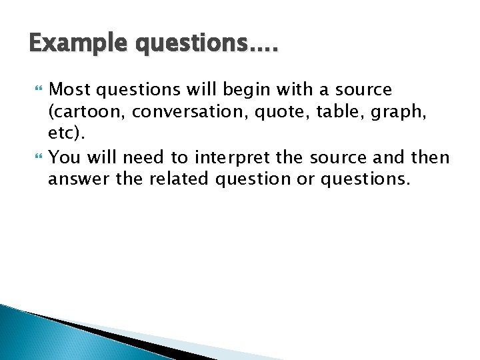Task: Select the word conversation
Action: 187,113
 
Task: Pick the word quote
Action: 283,113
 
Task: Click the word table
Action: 335,113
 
